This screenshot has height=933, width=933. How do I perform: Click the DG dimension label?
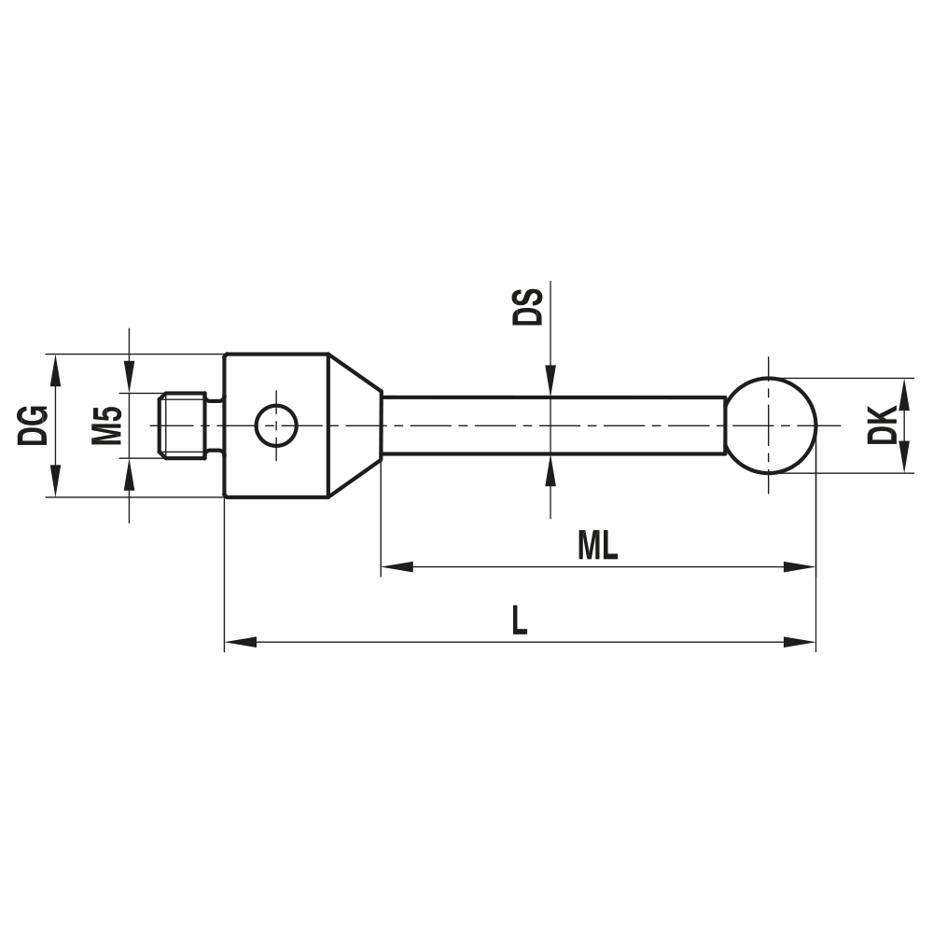[35, 425]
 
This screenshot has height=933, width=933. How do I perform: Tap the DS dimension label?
[529, 306]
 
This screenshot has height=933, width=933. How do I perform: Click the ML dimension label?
[597, 547]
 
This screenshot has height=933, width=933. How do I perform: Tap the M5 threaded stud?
[182, 425]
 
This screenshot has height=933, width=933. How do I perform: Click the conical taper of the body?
[354, 425]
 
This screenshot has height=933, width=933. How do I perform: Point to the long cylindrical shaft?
[550, 425]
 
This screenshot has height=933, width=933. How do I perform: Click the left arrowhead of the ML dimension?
[396, 566]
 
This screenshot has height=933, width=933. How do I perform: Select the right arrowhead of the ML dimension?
[801, 566]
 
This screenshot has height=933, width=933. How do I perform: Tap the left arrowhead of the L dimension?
[241, 642]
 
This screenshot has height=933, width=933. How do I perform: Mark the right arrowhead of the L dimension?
[801, 642]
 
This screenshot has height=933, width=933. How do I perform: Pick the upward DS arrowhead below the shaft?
[550, 471]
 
